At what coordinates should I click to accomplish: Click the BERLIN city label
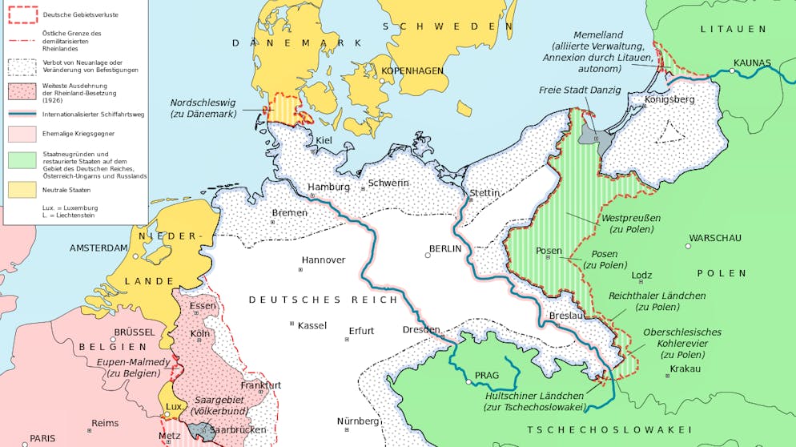click(445, 248)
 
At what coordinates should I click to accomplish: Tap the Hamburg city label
click(329, 187)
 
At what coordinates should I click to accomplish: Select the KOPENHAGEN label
click(412, 70)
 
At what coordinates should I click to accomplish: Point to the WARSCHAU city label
click(715, 238)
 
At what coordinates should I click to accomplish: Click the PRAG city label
click(486, 375)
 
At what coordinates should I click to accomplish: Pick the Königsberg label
click(669, 99)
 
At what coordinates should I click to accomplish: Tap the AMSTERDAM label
click(98, 248)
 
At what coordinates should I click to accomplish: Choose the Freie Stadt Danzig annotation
click(580, 90)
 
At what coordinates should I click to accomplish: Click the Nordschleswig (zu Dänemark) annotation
click(203, 108)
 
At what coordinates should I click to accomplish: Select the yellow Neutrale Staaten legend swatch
click(22, 189)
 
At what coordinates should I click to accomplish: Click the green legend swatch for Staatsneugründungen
click(22, 159)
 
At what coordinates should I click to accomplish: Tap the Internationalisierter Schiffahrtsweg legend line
click(22, 114)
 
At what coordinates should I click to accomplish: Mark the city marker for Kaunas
click(732, 70)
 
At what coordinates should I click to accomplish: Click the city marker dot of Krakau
click(667, 375)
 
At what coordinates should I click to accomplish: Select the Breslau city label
click(565, 316)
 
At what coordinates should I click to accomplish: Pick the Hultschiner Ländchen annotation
click(534, 401)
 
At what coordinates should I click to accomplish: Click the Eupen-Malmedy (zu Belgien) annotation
click(133, 368)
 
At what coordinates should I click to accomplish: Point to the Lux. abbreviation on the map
click(175, 406)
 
